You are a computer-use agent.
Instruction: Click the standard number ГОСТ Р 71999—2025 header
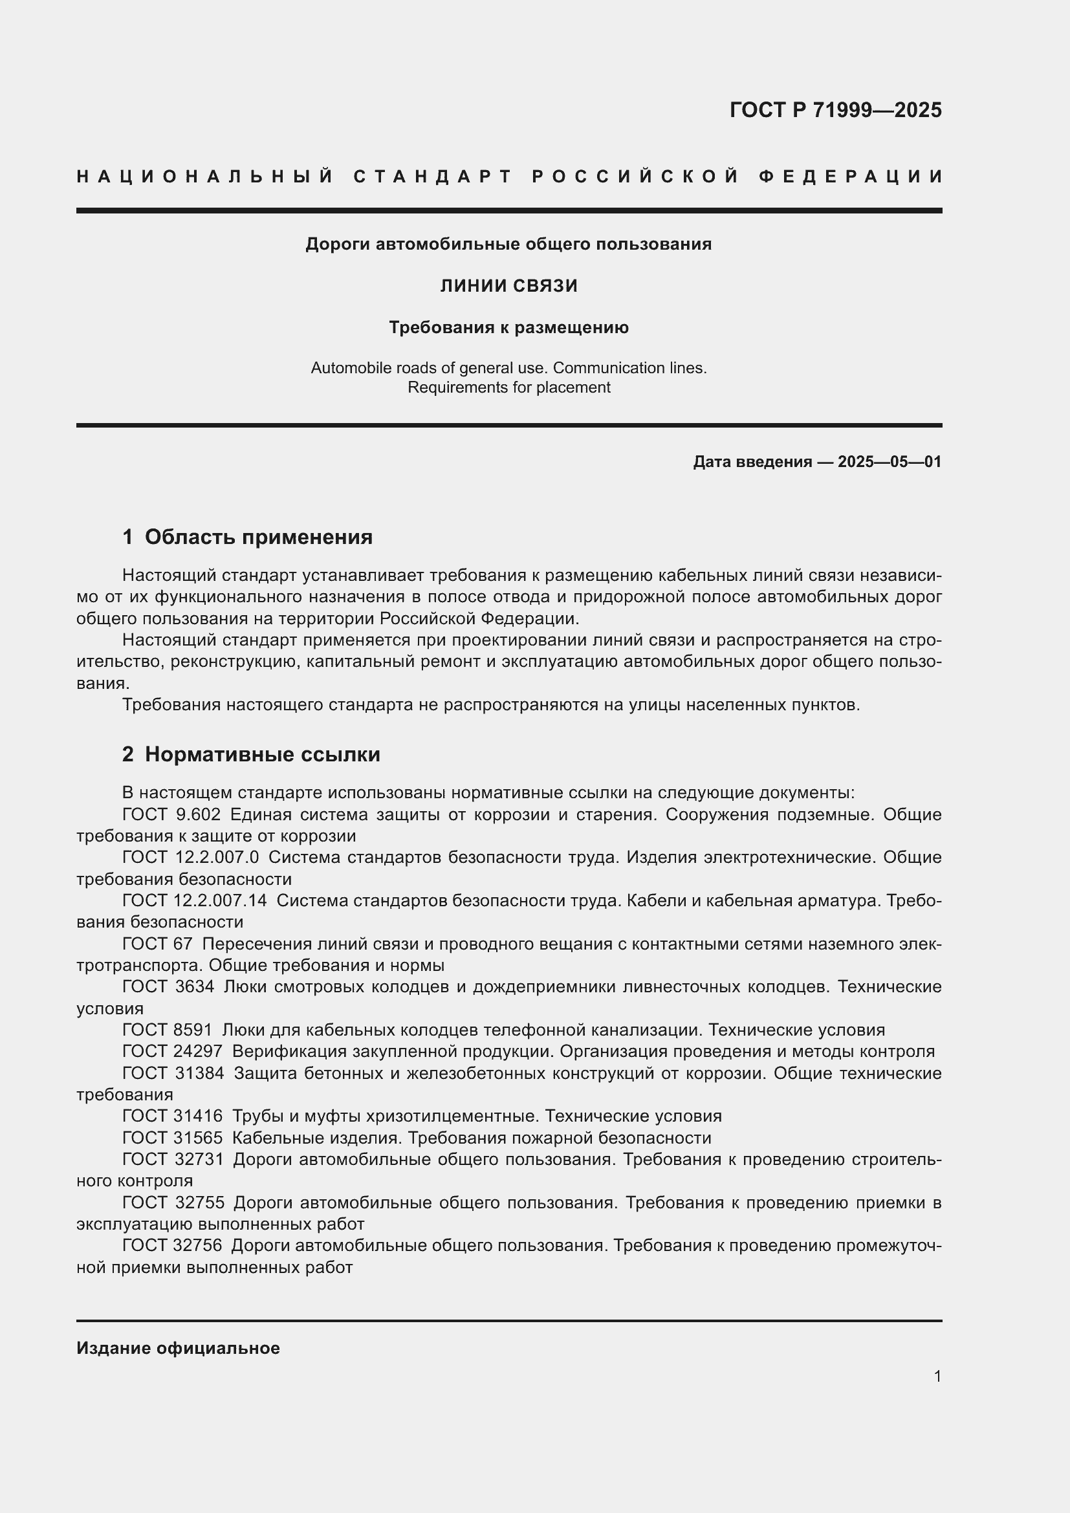point(835,110)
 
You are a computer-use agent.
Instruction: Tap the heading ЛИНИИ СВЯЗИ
point(508,286)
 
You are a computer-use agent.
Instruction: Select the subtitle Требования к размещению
point(508,327)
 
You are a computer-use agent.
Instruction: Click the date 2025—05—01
point(890,462)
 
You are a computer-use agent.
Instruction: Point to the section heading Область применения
point(258,537)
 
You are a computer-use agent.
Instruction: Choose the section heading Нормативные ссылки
point(262,754)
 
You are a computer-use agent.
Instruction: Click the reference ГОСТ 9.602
point(171,815)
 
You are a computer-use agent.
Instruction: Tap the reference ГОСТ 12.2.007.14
point(194,901)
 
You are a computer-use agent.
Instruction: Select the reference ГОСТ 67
point(157,944)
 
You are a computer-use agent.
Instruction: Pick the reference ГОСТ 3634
point(168,987)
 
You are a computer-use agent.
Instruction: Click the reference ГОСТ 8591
point(168,1030)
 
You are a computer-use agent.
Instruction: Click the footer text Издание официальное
point(178,1348)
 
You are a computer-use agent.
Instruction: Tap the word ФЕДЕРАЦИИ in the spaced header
point(850,177)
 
